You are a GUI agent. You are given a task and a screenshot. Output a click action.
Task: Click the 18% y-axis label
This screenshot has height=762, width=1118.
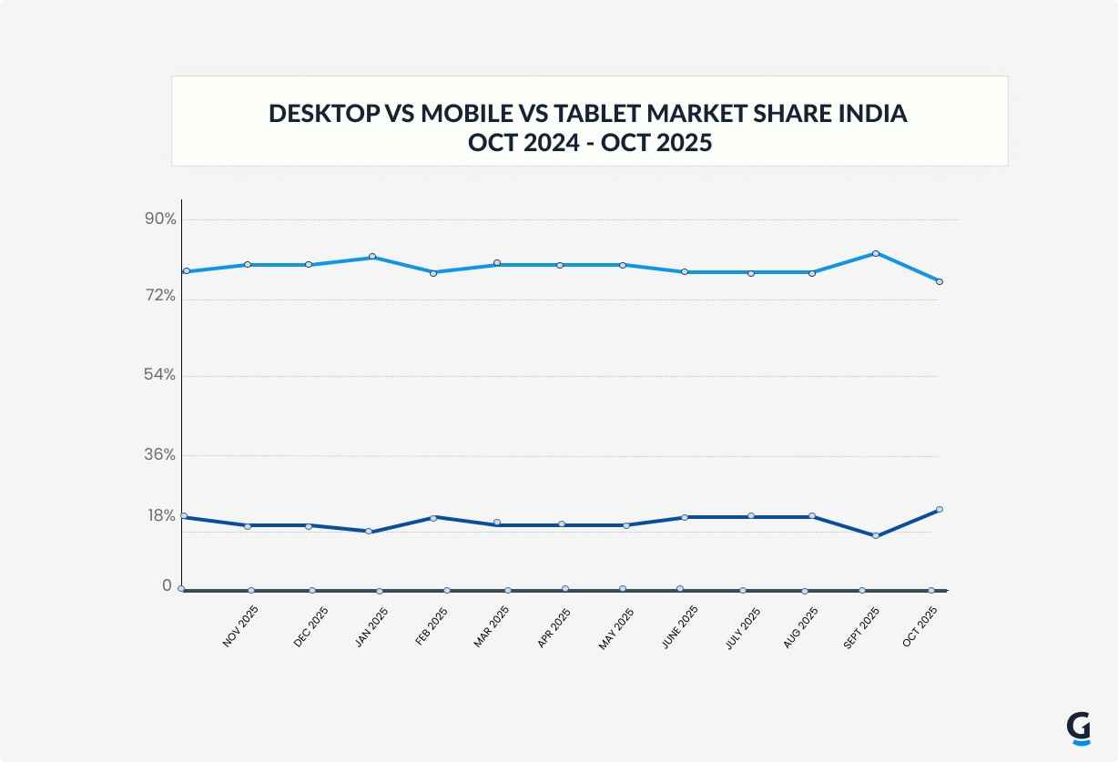click(x=160, y=516)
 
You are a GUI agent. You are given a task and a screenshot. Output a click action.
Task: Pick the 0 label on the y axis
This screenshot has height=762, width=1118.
click(x=167, y=585)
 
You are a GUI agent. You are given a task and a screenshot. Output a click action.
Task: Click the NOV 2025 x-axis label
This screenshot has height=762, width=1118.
click(x=240, y=627)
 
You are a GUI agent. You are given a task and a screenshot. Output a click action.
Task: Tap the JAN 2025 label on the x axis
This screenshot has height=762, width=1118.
click(x=371, y=627)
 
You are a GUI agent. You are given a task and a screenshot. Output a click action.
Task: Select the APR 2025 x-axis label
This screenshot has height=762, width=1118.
click(x=554, y=627)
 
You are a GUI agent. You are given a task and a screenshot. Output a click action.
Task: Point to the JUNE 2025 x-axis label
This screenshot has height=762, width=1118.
click(x=679, y=627)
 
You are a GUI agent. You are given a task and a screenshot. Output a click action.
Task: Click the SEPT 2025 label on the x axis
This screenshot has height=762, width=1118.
click(x=861, y=628)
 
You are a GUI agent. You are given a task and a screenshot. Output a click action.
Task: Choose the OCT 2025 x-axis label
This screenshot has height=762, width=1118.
click(x=920, y=627)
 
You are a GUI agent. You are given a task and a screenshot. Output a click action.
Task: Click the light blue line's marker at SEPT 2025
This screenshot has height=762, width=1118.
click(x=876, y=253)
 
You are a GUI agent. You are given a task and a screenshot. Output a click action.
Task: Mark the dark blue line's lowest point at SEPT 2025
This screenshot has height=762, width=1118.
click(x=876, y=535)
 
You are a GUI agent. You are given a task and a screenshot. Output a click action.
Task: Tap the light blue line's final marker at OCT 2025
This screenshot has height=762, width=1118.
click(x=939, y=281)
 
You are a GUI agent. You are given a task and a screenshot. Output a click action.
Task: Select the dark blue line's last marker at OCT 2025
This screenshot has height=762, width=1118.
click(x=939, y=509)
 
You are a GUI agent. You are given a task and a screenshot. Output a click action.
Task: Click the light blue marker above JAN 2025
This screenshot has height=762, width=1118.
click(x=372, y=257)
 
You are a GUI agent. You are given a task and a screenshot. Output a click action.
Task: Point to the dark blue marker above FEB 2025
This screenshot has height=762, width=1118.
click(x=434, y=517)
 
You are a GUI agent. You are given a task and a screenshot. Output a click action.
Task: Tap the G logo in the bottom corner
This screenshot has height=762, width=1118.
click(x=1079, y=728)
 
